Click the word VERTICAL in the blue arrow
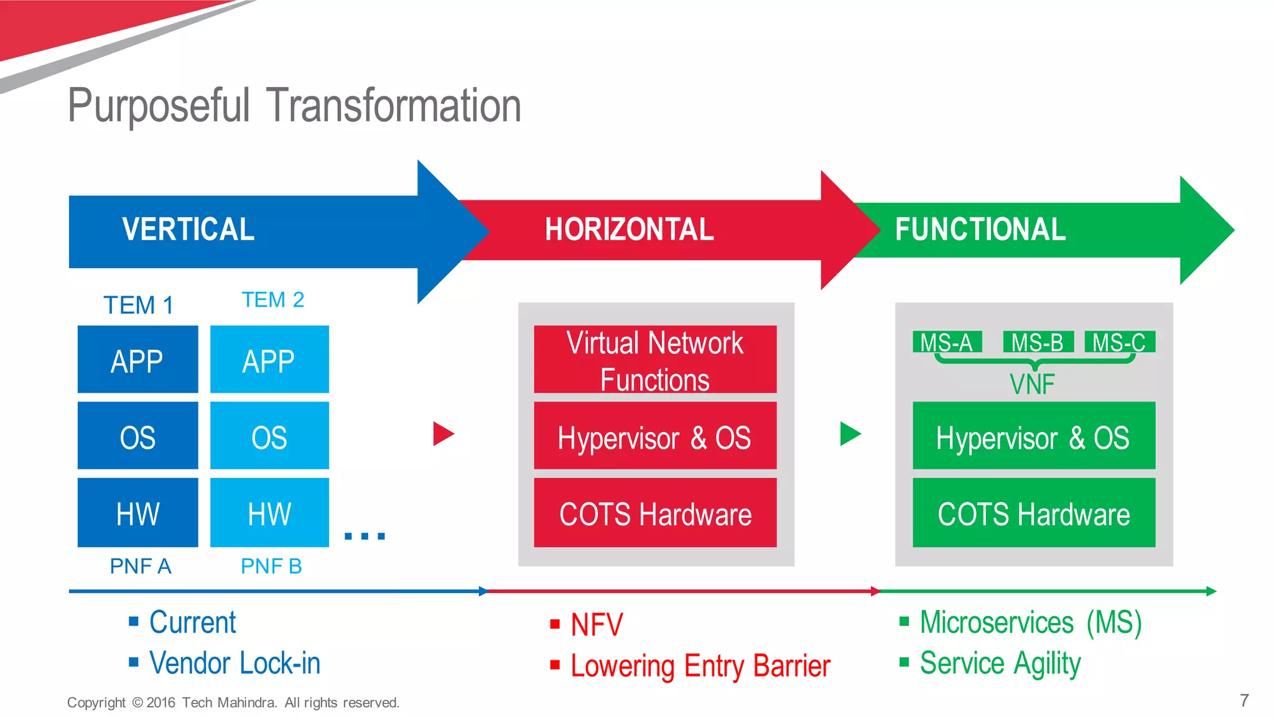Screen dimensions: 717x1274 click(188, 230)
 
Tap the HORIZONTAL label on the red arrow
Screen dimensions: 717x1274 click(629, 230)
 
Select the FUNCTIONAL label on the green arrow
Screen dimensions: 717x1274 click(980, 230)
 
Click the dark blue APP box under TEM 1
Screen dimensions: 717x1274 click(137, 360)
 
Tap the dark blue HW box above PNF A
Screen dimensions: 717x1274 click(137, 513)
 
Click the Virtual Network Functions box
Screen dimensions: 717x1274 click(655, 360)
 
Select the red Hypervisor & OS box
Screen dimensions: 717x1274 click(655, 436)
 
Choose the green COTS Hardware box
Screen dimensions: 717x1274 click(1033, 513)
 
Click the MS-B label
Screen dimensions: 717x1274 click(1037, 342)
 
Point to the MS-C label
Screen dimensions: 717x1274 click(1119, 342)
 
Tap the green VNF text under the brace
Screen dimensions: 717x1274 click(1032, 385)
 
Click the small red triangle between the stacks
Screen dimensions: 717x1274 click(442, 434)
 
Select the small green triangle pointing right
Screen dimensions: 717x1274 click(849, 434)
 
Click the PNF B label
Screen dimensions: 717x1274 click(271, 566)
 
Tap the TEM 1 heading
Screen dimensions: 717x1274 click(138, 306)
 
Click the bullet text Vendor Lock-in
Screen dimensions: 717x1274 click(235, 663)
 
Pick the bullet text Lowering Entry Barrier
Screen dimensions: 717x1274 click(700, 666)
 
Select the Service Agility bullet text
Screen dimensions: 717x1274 click(1000, 663)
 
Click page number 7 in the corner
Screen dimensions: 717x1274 click(1244, 701)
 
